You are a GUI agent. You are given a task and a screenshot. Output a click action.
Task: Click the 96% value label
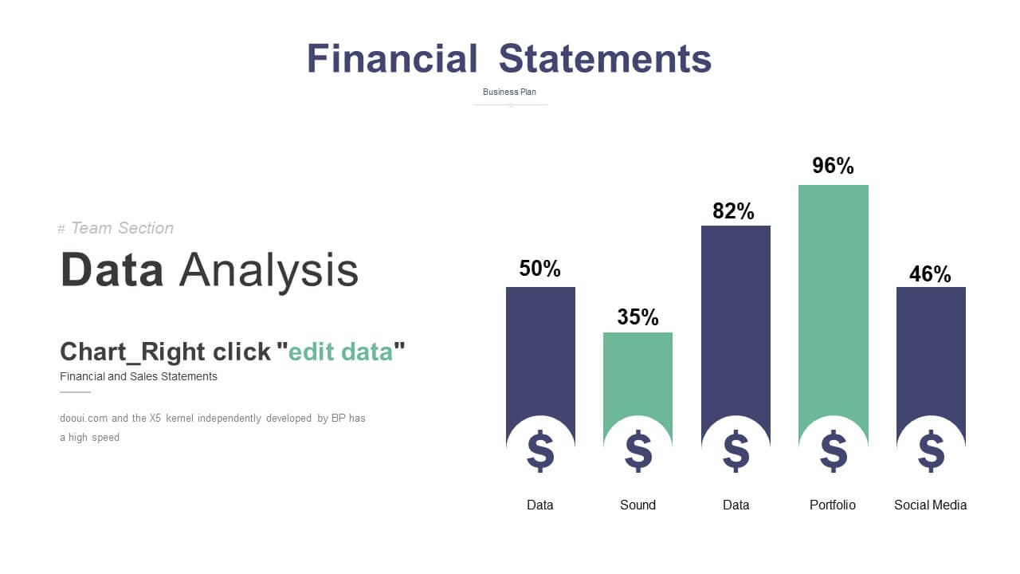833,165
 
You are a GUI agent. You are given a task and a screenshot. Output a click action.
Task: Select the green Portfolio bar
834,296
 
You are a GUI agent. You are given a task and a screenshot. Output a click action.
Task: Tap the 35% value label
637,317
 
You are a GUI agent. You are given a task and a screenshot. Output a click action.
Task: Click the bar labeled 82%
736,319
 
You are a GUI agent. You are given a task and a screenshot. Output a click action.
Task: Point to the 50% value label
540,269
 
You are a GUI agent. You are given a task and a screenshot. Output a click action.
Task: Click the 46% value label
930,274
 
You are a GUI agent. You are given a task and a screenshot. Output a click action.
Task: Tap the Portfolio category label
833,505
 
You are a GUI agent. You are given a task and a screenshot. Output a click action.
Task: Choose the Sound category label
637,505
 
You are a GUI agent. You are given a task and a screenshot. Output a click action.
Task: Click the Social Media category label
930,505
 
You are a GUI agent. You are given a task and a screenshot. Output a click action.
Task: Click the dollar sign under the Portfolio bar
834,451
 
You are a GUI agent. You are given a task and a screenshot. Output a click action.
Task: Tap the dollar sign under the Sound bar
638,451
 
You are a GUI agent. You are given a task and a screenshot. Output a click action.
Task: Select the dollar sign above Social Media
932,451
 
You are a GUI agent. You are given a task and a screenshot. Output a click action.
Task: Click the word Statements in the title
605,58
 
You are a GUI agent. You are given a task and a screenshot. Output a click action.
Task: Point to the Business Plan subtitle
509,92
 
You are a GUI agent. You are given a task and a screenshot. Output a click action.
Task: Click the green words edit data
340,352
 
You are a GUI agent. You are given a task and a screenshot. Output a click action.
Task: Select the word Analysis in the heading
269,270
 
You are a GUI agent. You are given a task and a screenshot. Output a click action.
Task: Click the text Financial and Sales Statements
139,376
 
